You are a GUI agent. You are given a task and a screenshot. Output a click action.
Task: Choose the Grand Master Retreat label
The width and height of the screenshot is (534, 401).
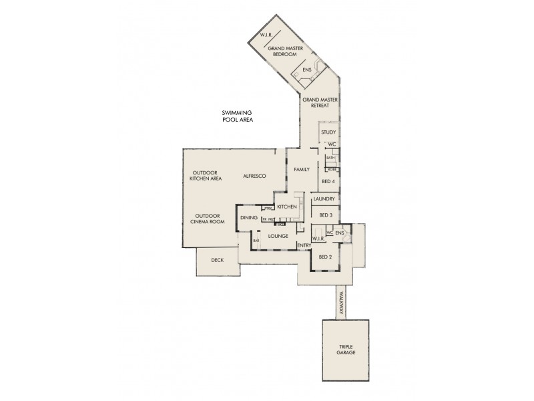[x=320, y=102]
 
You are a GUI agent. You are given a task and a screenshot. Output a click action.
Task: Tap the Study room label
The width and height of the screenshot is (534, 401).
[x=328, y=132]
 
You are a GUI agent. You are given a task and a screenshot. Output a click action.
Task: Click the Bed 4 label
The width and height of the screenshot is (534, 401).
[x=328, y=181]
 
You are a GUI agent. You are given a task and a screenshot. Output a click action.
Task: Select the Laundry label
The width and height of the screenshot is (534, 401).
[x=324, y=199]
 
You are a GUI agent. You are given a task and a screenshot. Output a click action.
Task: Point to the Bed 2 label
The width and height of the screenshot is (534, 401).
[x=326, y=257]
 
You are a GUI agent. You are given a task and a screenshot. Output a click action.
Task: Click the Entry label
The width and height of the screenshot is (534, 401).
[x=304, y=245]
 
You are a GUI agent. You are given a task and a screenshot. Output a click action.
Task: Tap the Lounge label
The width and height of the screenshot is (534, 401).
[x=278, y=236]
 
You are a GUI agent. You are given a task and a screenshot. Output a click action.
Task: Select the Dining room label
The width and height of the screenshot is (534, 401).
[x=249, y=218]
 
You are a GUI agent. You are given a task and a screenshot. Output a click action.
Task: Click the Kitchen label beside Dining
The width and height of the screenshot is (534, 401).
[x=287, y=208]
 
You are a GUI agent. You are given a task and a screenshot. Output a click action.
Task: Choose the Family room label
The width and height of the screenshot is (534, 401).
[x=302, y=170]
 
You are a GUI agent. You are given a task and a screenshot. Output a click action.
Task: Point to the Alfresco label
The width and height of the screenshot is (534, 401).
[x=254, y=175]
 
